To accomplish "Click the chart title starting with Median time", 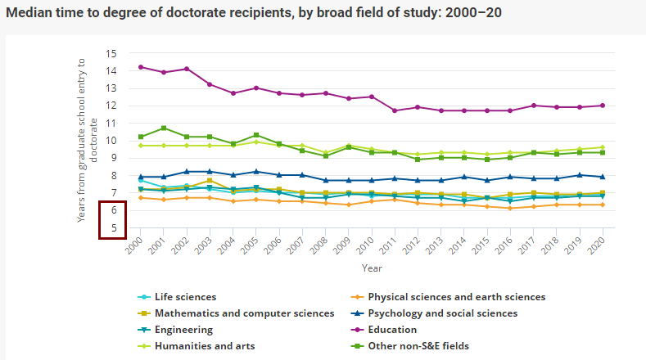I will pyautogui.click(x=254, y=13).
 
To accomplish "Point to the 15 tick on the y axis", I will pyautogui.click(x=112, y=53).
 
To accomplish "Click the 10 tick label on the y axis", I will pyautogui.click(x=112, y=141).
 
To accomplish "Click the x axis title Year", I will pyautogui.click(x=372, y=268).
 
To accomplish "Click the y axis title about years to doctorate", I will pyautogui.click(x=87, y=140).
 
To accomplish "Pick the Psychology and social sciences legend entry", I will pyautogui.click(x=442, y=313).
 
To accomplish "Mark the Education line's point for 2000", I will pyautogui.click(x=141, y=67).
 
